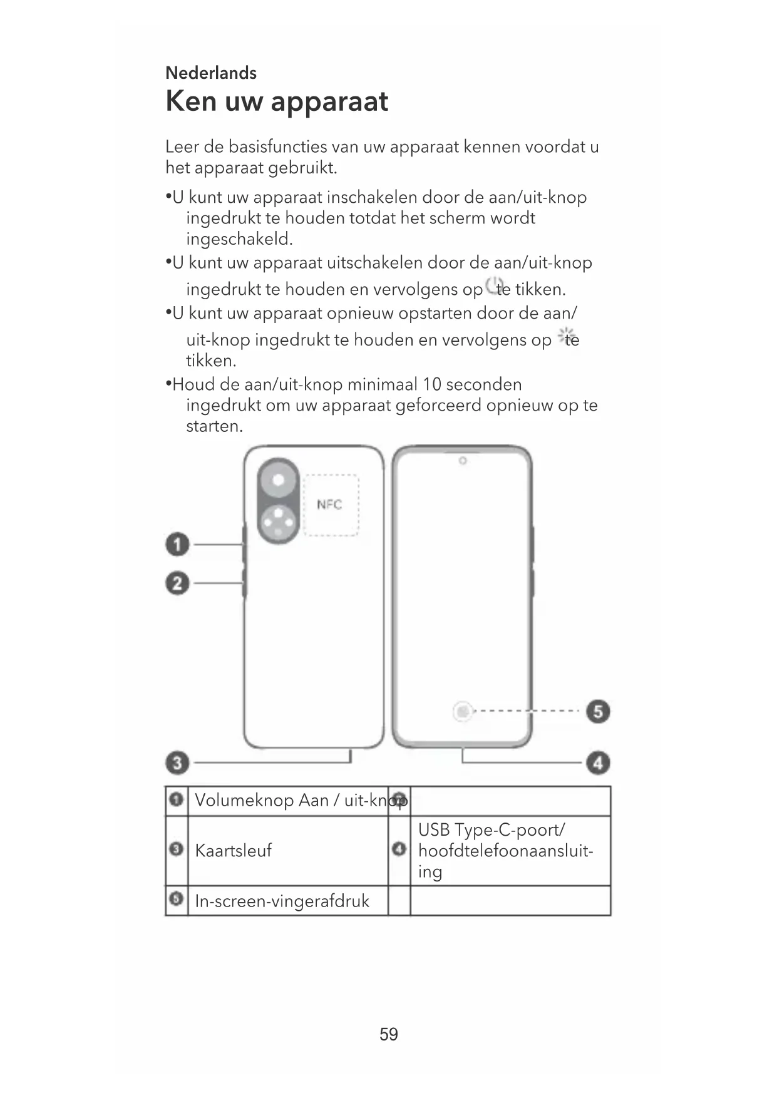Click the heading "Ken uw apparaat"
coord(277,102)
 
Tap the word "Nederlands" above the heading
coord(211,73)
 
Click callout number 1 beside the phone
coord(177,545)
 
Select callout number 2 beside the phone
coord(177,583)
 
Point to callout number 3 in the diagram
coord(177,762)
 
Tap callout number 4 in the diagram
coord(598,763)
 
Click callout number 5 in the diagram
coord(598,712)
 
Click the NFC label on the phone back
coord(329,505)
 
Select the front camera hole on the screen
coord(463,461)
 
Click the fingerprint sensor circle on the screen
coord(462,712)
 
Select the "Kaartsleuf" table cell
coord(234,851)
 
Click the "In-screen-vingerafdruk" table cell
coord(282,901)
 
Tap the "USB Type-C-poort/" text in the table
coord(491,830)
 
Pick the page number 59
coord(389,1034)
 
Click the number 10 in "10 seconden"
coord(431,384)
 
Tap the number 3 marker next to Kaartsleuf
coord(177,849)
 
